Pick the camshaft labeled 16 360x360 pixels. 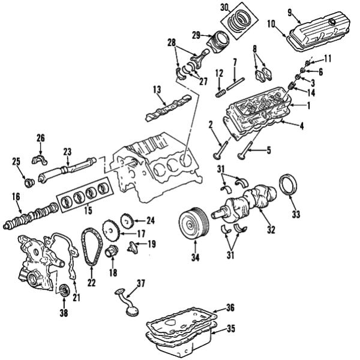click(36, 214)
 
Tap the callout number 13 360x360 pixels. click(157, 89)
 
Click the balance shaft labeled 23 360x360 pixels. click(66, 168)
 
